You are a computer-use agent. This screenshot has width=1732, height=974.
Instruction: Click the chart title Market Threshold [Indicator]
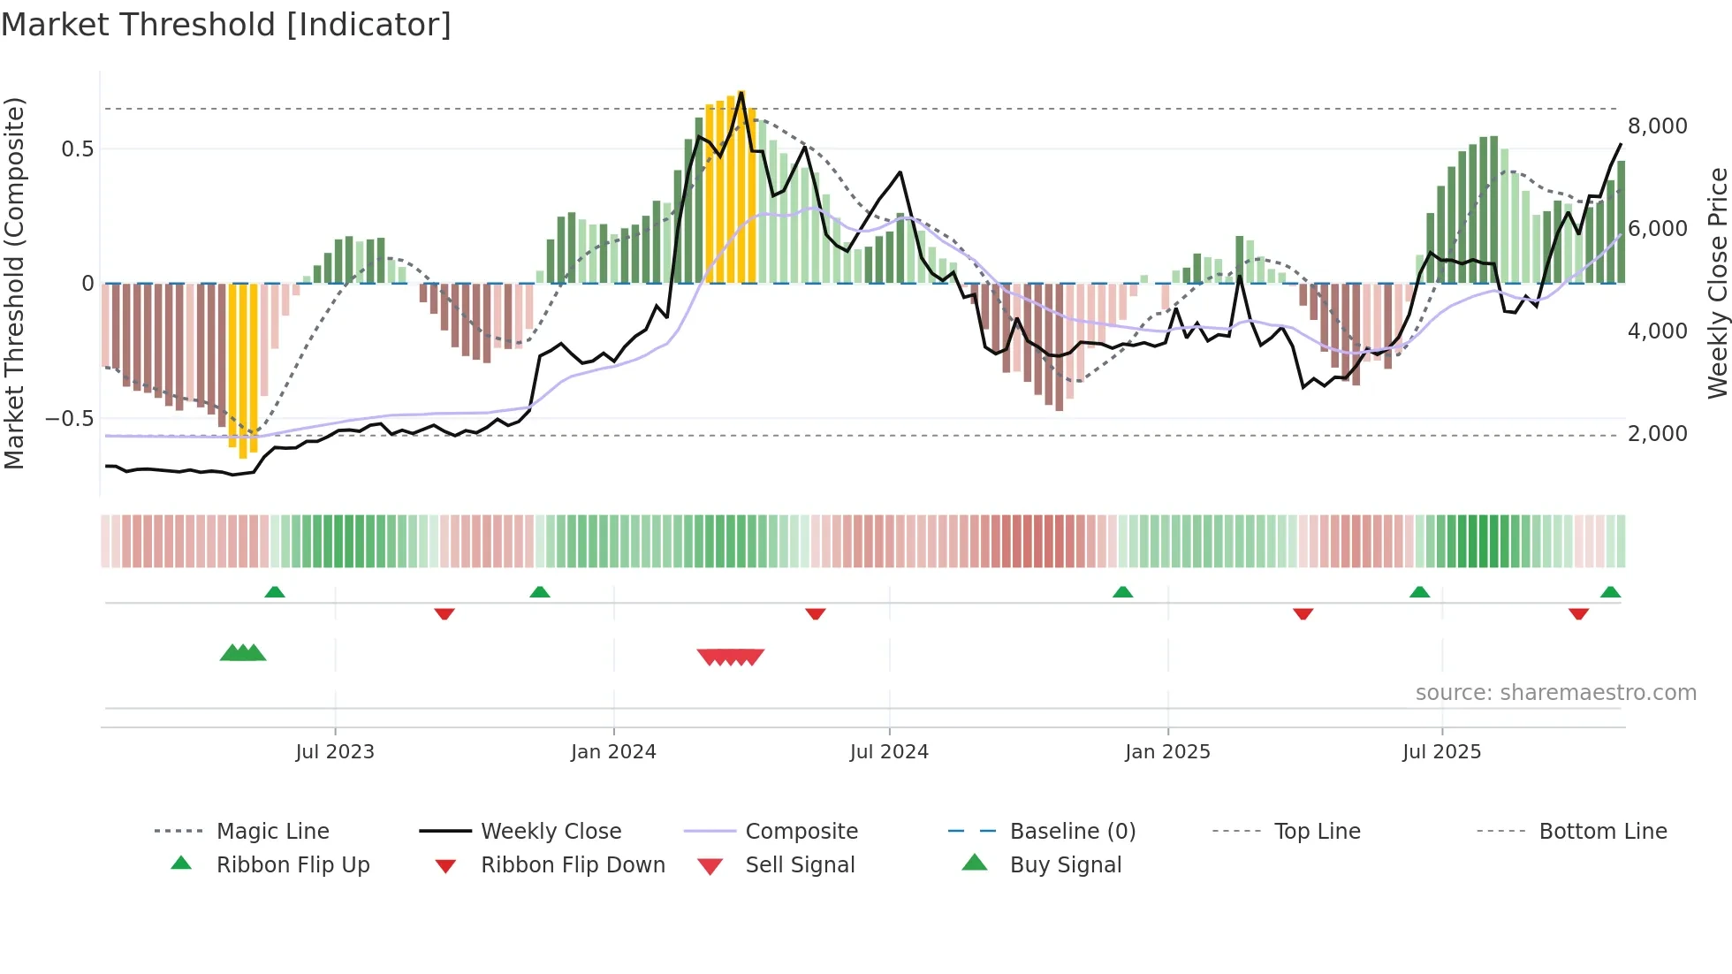226,25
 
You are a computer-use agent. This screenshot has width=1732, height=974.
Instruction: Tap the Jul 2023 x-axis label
335,752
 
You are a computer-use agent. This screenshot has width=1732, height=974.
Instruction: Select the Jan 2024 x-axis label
613,752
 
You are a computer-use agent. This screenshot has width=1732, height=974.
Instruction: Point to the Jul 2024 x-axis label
889,752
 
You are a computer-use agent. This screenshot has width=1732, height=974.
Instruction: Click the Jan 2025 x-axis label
1167,752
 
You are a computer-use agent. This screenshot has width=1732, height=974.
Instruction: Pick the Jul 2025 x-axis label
1441,752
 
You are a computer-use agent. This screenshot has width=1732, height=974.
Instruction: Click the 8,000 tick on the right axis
1657,126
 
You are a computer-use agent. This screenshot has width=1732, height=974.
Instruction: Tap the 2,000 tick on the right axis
1657,434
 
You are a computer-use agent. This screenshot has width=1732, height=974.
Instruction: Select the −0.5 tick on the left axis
70,419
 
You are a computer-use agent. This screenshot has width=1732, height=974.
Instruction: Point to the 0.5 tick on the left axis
78,149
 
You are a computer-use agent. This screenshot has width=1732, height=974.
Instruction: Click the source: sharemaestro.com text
1555,693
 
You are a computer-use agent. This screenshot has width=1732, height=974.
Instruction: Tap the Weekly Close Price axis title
1717,283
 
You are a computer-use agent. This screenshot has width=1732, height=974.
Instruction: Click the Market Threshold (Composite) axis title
14,283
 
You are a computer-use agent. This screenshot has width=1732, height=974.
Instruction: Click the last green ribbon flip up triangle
1610,592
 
